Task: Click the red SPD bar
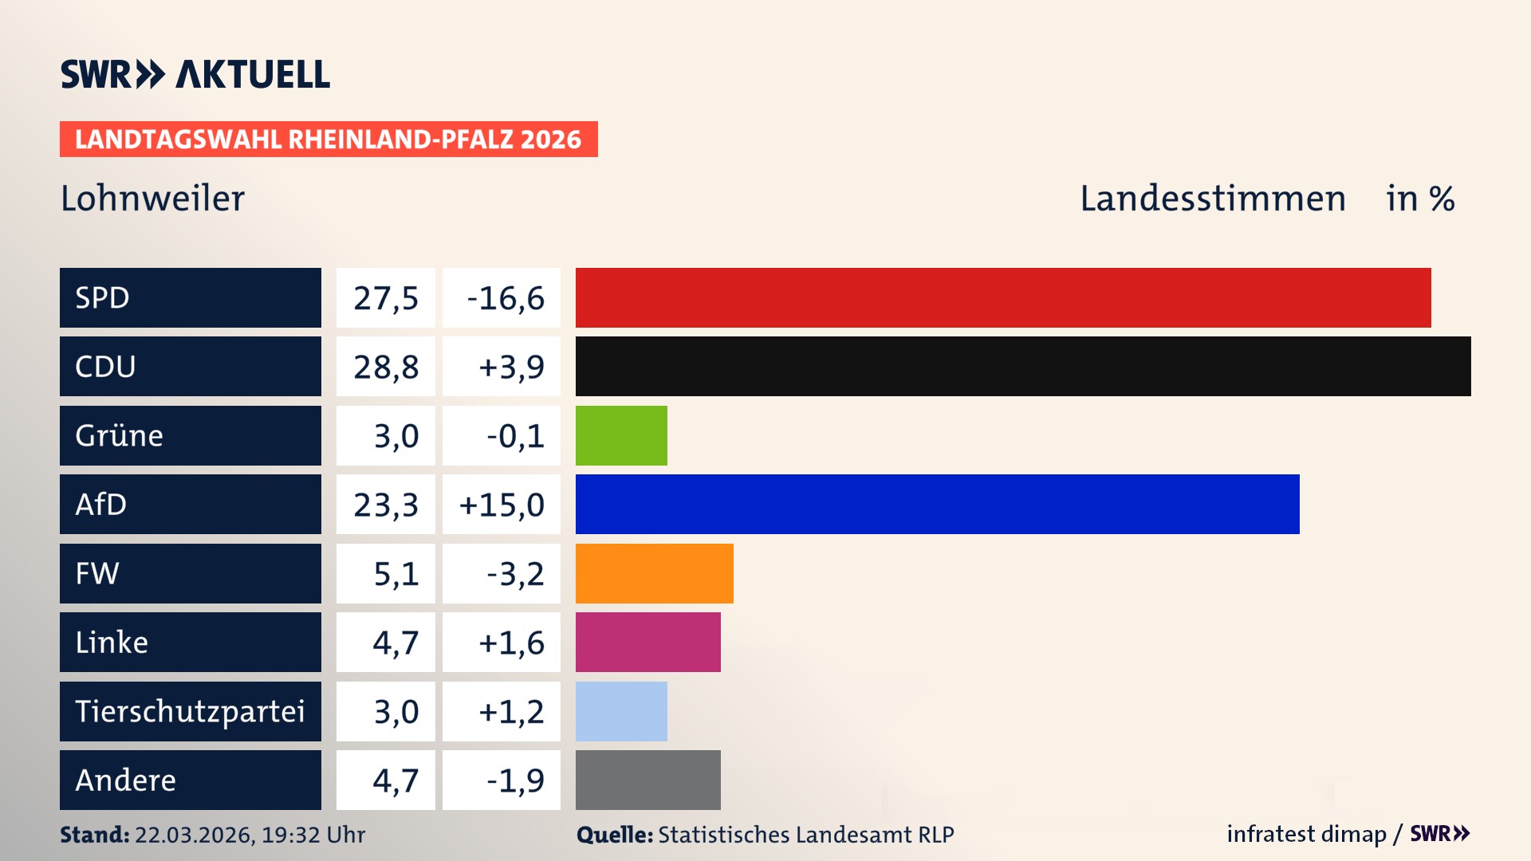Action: click(1003, 297)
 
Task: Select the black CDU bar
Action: click(1023, 367)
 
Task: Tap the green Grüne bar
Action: click(621, 435)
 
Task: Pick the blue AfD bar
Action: click(937, 504)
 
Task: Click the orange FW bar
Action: click(654, 573)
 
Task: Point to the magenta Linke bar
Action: click(647, 642)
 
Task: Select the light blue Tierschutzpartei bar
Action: click(621, 711)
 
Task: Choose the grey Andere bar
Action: click(647, 780)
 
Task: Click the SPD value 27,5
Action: click(386, 298)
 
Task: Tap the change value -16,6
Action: click(505, 298)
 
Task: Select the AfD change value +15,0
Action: click(502, 505)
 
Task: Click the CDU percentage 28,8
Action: click(386, 367)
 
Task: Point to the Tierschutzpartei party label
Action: click(190, 711)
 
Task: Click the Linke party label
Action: click(112, 642)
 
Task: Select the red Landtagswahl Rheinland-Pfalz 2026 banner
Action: click(329, 140)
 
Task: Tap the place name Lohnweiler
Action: click(152, 199)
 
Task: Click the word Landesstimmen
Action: click(1212, 199)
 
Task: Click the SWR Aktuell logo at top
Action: click(195, 74)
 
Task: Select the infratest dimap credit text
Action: click(1305, 834)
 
